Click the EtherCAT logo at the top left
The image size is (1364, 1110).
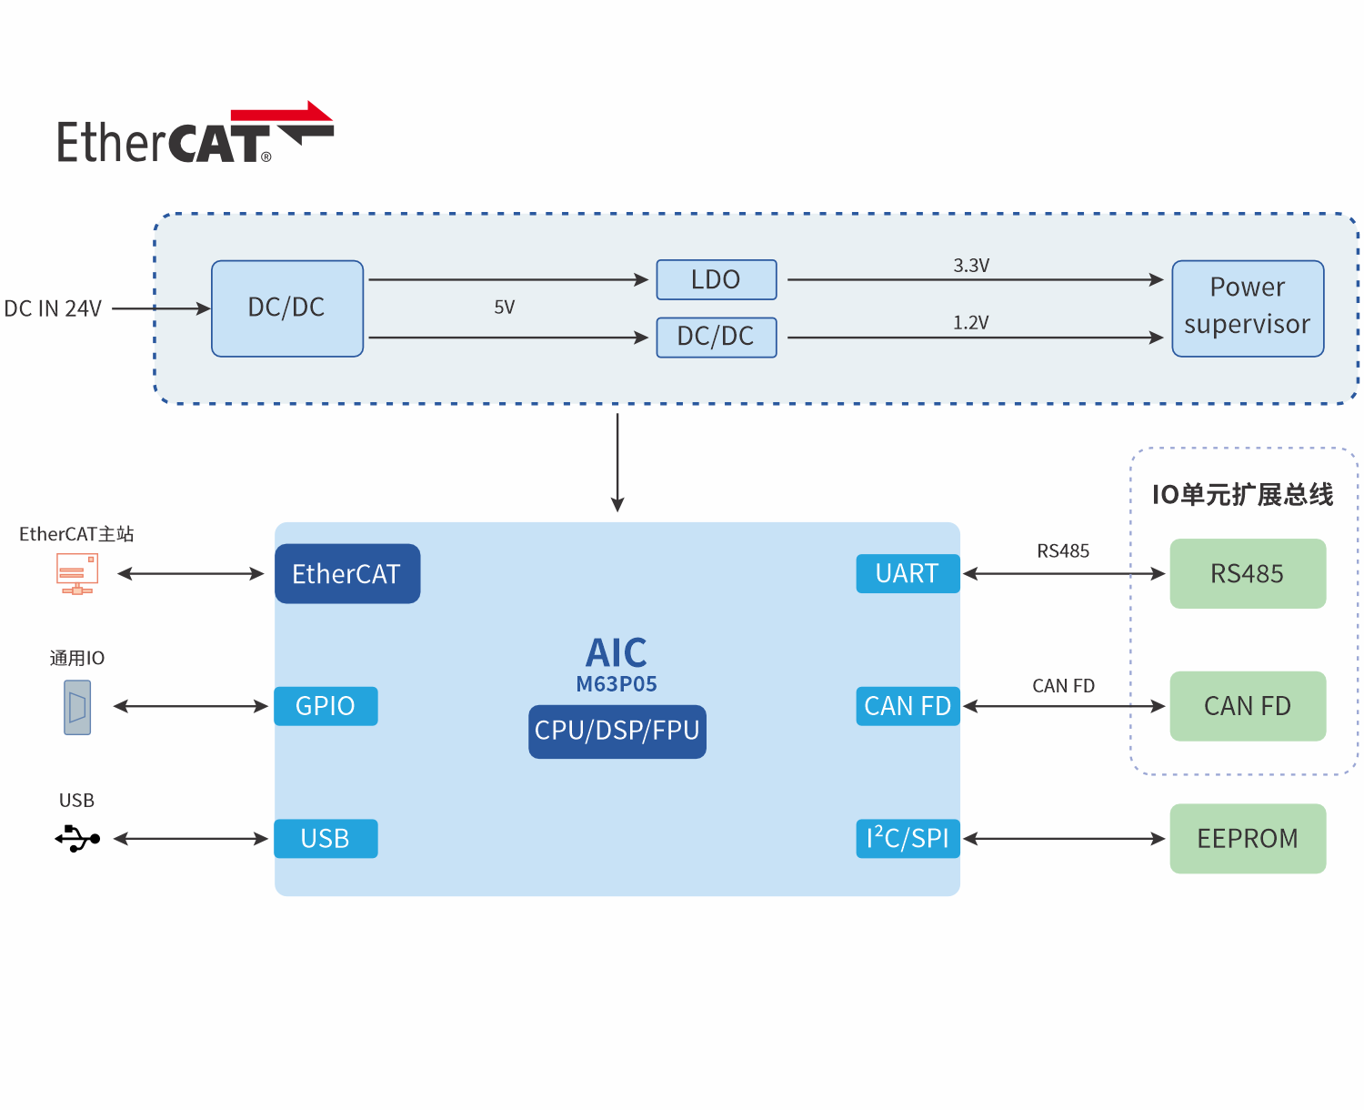pos(195,135)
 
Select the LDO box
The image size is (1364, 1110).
pos(717,279)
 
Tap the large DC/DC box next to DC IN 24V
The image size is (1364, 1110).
pos(287,308)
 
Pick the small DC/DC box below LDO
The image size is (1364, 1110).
pos(717,338)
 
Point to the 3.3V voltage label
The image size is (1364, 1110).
pos(971,266)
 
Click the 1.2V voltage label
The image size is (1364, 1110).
pos(971,323)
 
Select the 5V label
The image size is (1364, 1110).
pos(505,308)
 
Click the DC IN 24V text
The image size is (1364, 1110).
pos(53,309)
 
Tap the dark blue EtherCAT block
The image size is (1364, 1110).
pos(347,574)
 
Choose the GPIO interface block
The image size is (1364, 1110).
pos(326,706)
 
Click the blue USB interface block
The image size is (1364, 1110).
pos(326,839)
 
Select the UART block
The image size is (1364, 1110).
pos(908,574)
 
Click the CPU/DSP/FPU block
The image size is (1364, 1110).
pos(617,732)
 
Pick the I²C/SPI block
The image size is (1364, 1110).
pos(908,839)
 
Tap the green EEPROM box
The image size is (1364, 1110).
pos(1248,839)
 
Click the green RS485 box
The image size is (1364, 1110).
pos(1248,574)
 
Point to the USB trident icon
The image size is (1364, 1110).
pos(77,838)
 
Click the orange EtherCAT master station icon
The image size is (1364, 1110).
pos(77,574)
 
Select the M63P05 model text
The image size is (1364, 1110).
pos(617,684)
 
